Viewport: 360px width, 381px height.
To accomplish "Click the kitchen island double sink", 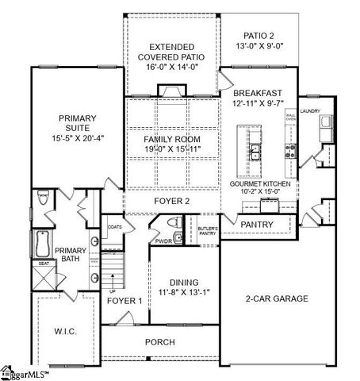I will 255,151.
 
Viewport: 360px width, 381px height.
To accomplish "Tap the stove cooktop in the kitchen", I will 290,149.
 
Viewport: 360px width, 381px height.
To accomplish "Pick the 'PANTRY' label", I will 257,225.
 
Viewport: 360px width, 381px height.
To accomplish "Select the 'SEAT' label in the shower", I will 44,263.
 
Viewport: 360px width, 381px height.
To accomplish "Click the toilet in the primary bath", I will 44,198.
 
